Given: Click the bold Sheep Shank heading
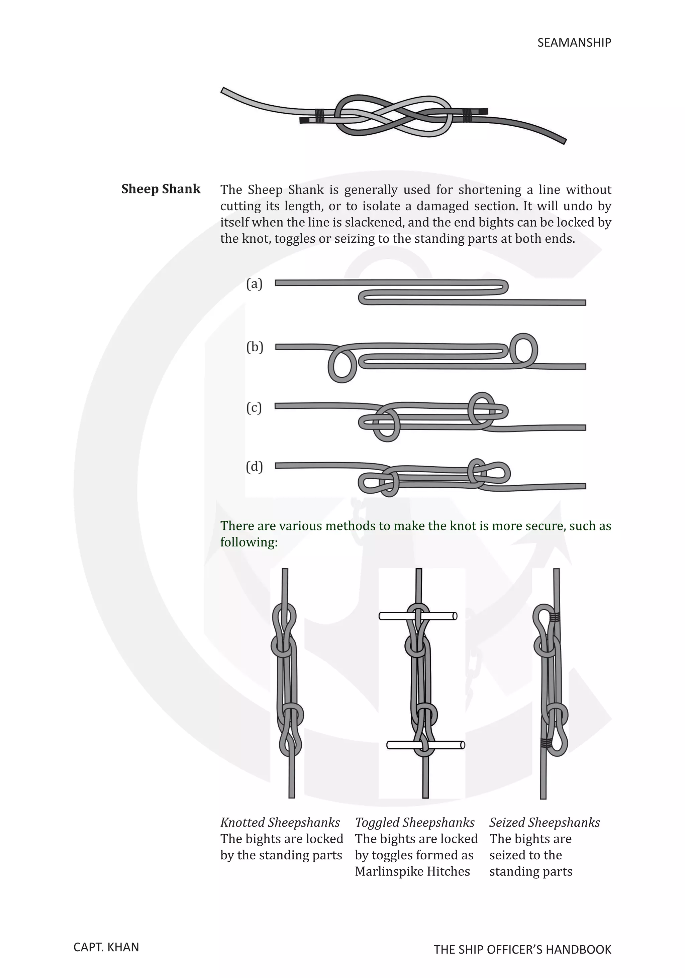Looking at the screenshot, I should tap(161, 189).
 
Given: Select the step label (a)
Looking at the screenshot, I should tap(255, 284).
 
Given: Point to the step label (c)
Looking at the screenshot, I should tap(254, 408).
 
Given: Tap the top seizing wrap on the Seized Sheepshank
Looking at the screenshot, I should tap(554, 616).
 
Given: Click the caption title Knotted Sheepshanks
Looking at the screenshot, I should tap(280, 823).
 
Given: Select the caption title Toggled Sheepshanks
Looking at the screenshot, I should tap(414, 823).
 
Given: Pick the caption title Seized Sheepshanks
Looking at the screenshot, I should tap(544, 823).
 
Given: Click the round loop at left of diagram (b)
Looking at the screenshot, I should tap(342, 365).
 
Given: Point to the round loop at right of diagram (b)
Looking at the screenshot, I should tap(523, 350).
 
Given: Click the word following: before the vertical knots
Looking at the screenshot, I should tap(249, 542).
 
